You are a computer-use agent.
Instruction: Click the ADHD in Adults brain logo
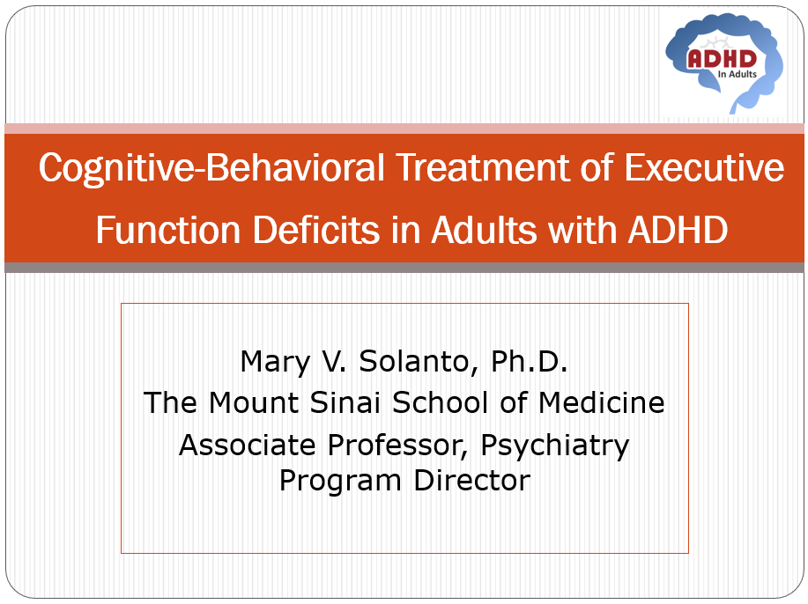point(724,62)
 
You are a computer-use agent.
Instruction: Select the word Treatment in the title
point(483,167)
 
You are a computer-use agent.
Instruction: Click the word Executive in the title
point(704,167)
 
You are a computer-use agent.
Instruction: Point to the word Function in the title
point(168,230)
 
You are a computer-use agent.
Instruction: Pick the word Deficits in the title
point(315,230)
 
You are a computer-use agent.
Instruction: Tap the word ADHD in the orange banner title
point(678,230)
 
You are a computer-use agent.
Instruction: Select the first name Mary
point(275,363)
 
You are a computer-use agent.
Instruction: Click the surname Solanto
point(419,362)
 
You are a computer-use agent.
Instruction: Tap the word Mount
point(254,402)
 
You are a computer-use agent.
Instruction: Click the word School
point(440,402)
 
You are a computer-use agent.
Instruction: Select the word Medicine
point(601,402)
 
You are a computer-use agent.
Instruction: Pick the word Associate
point(248,445)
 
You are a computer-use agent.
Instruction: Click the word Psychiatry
point(554,446)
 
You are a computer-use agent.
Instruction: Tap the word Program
point(340,482)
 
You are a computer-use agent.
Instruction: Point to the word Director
point(472,481)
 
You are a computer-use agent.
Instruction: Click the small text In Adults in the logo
point(738,74)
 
